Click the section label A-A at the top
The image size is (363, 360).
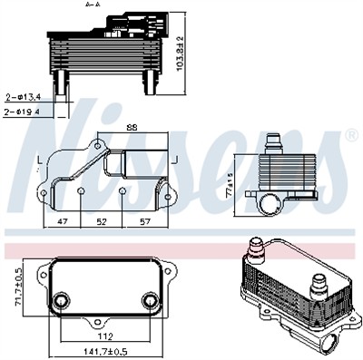(x=93, y=5)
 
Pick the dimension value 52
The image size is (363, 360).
(x=102, y=219)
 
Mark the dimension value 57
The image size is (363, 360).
(x=144, y=219)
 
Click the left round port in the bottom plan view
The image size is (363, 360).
(x=61, y=302)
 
